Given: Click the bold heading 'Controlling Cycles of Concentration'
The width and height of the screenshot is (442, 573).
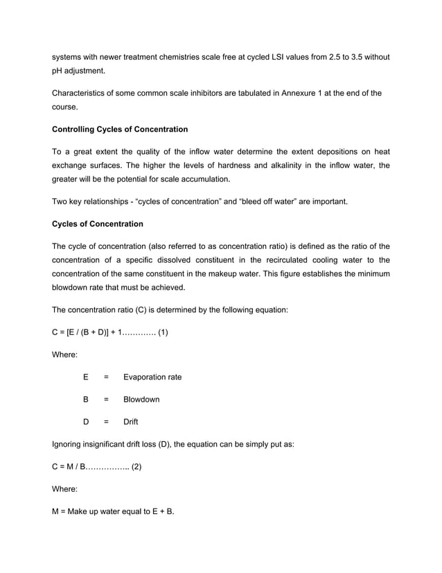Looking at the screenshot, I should [x=120, y=130].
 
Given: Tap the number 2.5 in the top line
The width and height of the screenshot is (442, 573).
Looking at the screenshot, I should [x=317, y=56].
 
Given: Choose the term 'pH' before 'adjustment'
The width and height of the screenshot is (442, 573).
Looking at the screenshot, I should [x=58, y=71].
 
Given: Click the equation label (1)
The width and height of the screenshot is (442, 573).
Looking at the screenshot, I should [x=162, y=332].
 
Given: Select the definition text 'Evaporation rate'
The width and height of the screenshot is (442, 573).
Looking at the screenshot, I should [x=152, y=377].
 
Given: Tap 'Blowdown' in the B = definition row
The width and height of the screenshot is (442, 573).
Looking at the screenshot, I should [x=141, y=400].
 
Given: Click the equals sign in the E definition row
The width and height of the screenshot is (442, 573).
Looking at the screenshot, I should [x=106, y=377].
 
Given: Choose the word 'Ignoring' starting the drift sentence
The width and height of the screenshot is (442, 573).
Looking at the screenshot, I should [x=69, y=445].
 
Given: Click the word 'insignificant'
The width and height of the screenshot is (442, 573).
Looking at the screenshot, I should [x=116, y=445].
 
